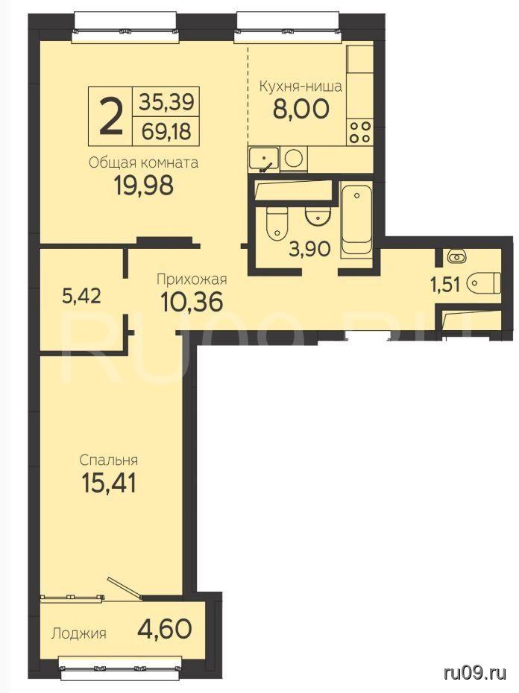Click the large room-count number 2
click(x=110, y=117)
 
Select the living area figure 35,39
click(x=166, y=102)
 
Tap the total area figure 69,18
click(x=166, y=131)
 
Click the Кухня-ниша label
click(x=300, y=86)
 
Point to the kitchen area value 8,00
click(x=301, y=109)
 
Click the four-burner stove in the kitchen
click(x=359, y=132)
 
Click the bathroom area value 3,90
click(x=310, y=250)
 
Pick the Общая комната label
click(x=143, y=163)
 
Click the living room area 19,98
click(x=144, y=186)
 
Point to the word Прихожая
click(x=192, y=279)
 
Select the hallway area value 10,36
click(x=191, y=303)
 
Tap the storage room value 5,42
click(x=82, y=296)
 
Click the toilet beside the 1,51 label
click(x=484, y=283)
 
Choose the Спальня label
click(x=109, y=460)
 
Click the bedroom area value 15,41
click(x=109, y=483)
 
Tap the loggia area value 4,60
click(x=165, y=628)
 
